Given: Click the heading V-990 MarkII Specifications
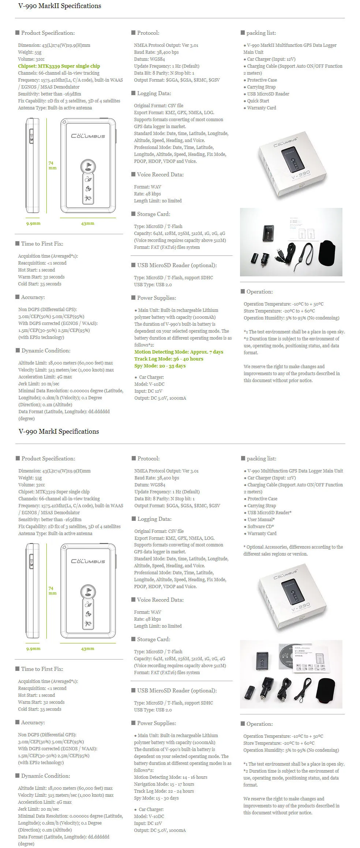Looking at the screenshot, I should tap(60, 6).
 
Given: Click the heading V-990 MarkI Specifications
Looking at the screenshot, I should tap(59, 432).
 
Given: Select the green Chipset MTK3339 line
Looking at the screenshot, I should tap(59, 66).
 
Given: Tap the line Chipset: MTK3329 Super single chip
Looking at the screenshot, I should tap(54, 492).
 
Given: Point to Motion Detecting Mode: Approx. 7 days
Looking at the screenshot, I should tap(179, 352).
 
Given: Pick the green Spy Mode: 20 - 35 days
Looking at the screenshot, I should tap(160, 366).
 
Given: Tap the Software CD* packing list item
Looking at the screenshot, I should tap(260, 527).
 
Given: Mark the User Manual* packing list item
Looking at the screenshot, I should tap(261, 520).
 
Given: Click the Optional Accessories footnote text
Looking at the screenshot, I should tap(293, 550).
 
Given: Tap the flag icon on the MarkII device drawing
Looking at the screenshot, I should tap(88, 166).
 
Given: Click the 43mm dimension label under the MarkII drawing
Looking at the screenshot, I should tap(87, 224).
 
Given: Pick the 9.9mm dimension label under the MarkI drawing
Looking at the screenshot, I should tap(33, 649).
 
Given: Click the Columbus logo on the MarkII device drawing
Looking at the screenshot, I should tap(88, 136).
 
